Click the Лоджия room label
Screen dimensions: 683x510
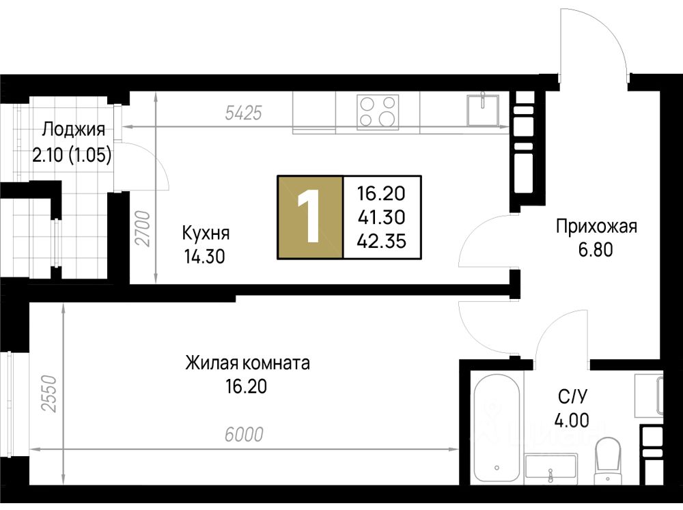point(73,129)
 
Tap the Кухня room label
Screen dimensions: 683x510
point(206,233)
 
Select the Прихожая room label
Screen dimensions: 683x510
point(596,227)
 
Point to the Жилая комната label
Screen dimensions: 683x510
point(247,363)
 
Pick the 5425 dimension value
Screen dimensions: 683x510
point(244,113)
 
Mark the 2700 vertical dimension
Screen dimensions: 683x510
point(143,229)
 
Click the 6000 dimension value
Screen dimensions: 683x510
point(244,434)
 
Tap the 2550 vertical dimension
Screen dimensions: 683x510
point(48,394)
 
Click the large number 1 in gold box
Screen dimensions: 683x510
point(309,216)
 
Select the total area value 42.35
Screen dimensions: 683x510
point(382,241)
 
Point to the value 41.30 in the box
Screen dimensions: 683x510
point(382,217)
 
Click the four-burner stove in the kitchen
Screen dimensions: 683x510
point(378,112)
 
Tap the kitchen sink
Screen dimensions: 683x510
point(483,110)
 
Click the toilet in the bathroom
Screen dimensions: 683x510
point(608,457)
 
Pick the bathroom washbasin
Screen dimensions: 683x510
point(551,467)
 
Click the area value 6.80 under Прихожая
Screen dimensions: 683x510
point(596,250)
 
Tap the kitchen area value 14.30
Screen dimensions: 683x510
point(205,257)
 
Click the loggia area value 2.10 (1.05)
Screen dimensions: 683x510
point(72,155)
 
